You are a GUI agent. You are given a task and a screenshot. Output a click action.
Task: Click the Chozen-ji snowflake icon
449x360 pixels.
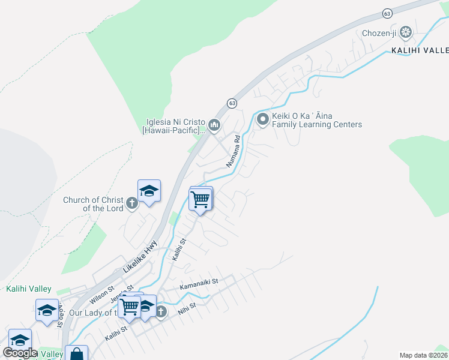(x=406, y=31)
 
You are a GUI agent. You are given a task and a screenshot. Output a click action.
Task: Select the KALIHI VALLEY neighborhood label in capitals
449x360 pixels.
(x=420, y=51)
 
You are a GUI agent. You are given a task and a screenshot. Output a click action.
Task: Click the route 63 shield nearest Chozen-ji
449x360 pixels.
(x=387, y=13)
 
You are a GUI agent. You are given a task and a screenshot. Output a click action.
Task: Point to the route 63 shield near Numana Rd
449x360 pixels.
(x=232, y=104)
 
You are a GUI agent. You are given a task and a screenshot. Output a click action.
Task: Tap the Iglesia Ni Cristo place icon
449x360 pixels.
(x=214, y=125)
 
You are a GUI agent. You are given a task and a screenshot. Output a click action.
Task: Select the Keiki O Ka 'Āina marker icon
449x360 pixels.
(x=262, y=119)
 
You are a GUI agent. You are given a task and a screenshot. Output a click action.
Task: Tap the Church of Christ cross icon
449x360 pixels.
(x=131, y=204)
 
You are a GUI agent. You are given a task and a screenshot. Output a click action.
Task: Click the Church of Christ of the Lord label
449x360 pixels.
(x=93, y=204)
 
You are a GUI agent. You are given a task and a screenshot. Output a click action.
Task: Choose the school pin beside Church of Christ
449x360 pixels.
(x=149, y=191)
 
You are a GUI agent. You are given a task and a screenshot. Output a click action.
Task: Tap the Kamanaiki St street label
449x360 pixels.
(x=198, y=281)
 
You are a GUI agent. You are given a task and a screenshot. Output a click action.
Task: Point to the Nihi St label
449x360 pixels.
(x=188, y=310)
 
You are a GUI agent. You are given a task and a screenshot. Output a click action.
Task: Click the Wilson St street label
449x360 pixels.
(x=101, y=295)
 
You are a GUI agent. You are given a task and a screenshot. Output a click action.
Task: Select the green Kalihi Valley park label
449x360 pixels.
(x=29, y=289)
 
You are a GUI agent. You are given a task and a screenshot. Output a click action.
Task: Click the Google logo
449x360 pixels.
(x=20, y=353)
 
